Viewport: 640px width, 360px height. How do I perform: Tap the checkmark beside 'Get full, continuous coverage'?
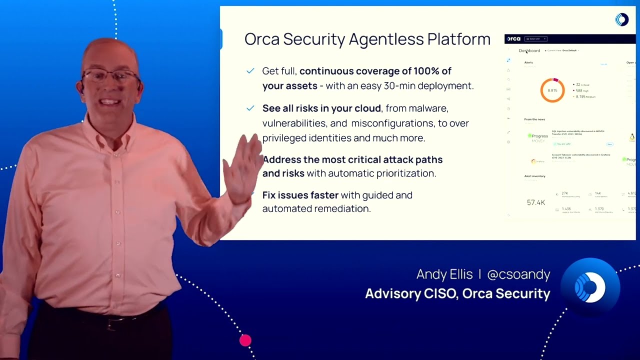tap(250, 71)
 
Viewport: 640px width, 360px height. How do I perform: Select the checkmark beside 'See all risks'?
tap(250, 108)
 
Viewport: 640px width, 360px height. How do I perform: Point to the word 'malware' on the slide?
tap(428, 108)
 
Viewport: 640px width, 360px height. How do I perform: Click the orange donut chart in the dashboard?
tap(552, 90)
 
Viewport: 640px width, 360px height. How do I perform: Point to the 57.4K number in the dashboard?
tap(536, 202)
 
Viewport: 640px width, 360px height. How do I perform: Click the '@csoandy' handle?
tap(518, 274)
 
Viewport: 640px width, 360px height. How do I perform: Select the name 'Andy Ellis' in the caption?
tap(444, 274)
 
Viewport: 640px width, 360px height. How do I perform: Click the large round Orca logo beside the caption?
tap(590, 287)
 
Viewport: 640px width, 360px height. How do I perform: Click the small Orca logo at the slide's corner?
tap(621, 19)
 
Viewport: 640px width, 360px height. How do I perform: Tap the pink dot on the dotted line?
tap(245, 340)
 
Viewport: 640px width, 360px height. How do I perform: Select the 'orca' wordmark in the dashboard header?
tap(513, 38)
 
